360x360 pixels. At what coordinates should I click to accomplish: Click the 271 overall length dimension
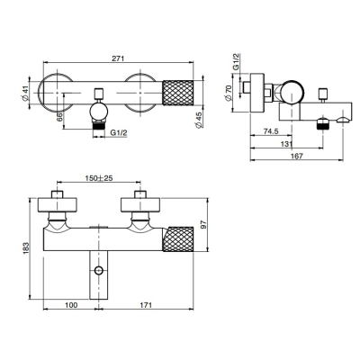118,58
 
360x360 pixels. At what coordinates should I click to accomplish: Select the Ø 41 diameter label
25,93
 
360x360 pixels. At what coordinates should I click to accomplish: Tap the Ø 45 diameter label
199,121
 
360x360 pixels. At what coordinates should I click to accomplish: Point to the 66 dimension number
59,117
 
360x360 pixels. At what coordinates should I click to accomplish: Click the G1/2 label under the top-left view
119,132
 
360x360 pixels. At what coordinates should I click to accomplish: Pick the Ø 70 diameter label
229,93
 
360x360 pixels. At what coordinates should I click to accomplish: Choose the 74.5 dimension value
271,131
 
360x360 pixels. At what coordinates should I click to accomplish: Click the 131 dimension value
286,144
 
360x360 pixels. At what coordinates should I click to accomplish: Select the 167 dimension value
297,156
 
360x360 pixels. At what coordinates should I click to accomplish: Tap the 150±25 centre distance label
99,178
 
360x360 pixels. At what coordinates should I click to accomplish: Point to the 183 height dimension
25,248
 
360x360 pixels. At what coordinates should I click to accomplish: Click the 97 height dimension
203,225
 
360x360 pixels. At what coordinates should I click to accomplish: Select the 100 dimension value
71,305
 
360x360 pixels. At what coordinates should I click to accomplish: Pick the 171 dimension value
146,305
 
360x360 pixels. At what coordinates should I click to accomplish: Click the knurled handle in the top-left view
177,93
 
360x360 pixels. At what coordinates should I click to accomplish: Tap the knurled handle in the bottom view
178,239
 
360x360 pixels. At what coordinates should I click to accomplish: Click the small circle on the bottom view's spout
99,270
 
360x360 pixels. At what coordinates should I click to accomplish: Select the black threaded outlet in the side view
323,123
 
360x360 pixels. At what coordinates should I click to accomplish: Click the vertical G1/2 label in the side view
237,62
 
